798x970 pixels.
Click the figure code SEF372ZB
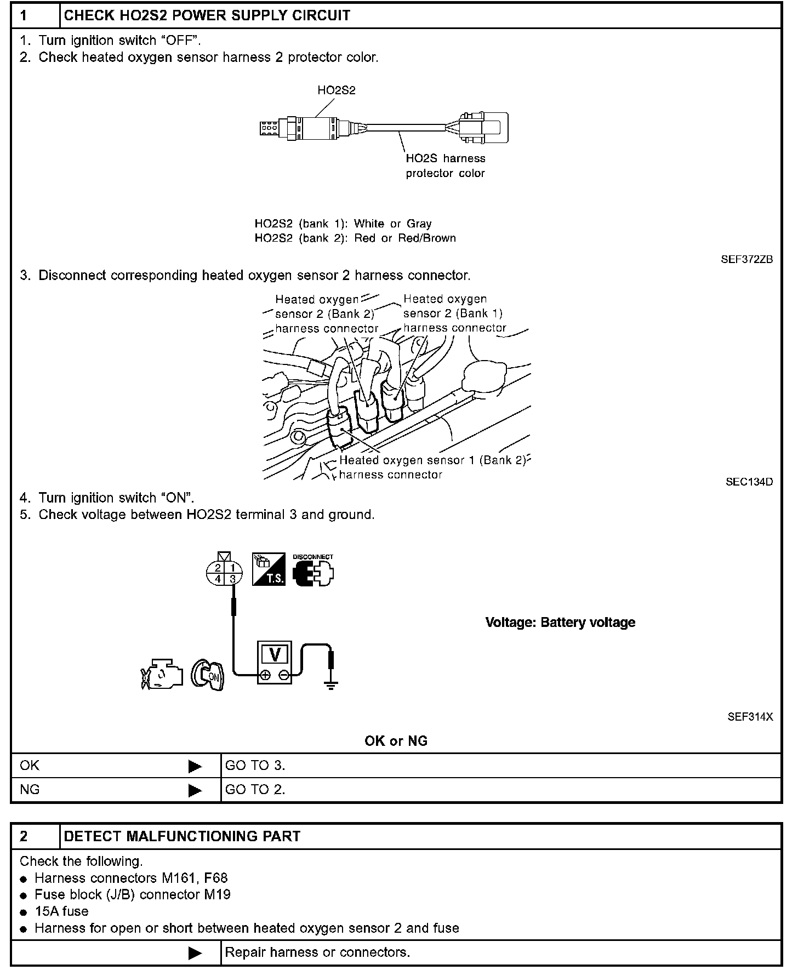[746, 259]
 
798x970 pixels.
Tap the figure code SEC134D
[749, 482]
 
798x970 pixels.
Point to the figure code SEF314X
[750, 717]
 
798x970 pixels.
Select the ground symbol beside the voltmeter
[330, 683]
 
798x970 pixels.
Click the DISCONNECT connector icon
[313, 571]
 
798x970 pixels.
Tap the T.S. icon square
[269, 569]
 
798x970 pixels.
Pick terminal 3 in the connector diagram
[233, 578]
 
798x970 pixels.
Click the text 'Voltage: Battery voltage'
[560, 623]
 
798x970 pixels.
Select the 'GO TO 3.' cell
[255, 766]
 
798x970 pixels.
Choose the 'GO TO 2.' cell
[255, 790]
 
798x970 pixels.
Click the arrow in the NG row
[195, 790]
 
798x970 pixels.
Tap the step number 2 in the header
[24, 836]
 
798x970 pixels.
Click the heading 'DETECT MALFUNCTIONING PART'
[183, 836]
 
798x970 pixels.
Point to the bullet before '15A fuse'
[23, 912]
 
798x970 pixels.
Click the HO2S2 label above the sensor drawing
[336, 90]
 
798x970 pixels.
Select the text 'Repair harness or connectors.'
[317, 952]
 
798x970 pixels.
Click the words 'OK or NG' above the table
[396, 741]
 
